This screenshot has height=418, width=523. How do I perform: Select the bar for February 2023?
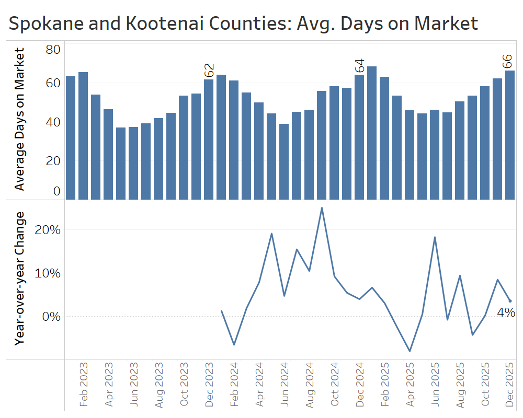tap(83, 136)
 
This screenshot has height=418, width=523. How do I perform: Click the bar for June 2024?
tap(284, 161)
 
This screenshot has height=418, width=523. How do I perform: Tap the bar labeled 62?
tap(209, 139)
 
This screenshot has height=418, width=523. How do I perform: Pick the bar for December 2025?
tap(510, 135)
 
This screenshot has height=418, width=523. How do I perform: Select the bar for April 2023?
tap(108, 154)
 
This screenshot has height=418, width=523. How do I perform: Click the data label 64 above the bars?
tap(359, 66)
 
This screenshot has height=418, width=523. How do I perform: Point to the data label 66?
tap(507, 61)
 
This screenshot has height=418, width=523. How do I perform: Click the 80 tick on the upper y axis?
tap(53, 50)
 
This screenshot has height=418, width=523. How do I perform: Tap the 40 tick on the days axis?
tap(53, 122)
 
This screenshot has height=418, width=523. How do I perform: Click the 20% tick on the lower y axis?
tap(48, 230)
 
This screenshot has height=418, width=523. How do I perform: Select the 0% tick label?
tap(51, 317)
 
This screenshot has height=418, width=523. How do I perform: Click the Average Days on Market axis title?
tap(19, 119)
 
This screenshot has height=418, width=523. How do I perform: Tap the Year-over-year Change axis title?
tap(19, 278)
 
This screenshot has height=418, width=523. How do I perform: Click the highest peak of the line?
tap(322, 208)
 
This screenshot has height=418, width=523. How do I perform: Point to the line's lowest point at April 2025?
tap(410, 351)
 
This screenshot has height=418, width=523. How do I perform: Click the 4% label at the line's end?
tap(506, 313)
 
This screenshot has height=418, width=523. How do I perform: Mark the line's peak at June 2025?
tap(435, 237)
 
